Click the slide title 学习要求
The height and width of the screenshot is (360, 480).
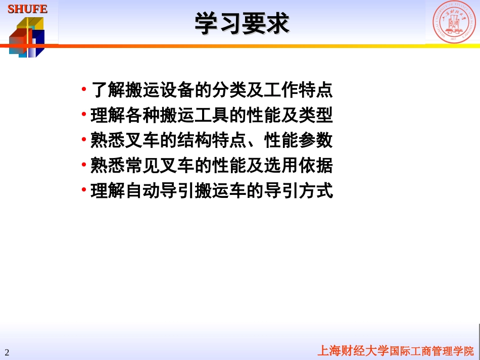242,24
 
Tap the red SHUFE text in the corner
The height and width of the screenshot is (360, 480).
27,9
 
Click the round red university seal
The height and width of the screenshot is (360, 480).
453,22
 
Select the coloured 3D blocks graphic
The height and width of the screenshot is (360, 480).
27,37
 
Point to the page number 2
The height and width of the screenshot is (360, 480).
7,352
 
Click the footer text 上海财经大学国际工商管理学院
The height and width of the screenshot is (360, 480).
395,351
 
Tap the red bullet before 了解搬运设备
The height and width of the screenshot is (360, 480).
84,89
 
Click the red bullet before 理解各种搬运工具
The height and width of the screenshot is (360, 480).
84,115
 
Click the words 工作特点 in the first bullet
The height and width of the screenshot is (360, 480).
298,90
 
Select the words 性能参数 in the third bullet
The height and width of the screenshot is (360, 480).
298,140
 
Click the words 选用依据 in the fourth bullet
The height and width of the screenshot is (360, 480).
298,166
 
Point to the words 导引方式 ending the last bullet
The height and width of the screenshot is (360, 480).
298,191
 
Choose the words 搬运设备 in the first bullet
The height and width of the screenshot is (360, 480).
160,90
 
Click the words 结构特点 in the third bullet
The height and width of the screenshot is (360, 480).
212,140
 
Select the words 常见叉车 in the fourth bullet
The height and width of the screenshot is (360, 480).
160,166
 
